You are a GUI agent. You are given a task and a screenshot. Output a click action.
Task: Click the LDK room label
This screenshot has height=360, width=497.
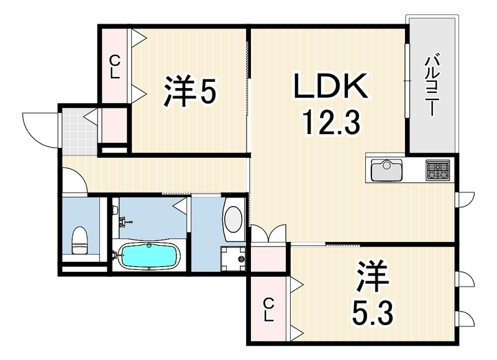[331, 86]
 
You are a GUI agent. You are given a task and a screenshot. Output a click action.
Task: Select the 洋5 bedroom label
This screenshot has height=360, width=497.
[189, 91]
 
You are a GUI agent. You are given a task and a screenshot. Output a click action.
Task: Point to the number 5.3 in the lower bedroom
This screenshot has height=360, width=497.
[372, 313]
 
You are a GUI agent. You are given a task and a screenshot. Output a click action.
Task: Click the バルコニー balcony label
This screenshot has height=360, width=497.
[430, 86]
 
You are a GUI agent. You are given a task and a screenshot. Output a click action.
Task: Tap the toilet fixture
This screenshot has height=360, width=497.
[80, 240]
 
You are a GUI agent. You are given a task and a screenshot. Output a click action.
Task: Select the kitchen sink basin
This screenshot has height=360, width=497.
[387, 169]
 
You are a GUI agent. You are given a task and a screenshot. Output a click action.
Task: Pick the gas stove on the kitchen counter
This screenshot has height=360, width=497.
[438, 169]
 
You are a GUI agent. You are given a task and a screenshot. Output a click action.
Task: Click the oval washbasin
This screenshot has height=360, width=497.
[234, 219]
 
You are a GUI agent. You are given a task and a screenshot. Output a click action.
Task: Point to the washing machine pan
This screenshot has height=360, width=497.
[233, 259]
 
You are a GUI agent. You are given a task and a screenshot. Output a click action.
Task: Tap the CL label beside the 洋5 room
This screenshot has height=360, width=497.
[115, 67]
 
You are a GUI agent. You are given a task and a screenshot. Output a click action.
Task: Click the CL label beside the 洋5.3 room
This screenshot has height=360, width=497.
[269, 311]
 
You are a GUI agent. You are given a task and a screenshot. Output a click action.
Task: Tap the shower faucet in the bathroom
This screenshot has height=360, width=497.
[124, 222]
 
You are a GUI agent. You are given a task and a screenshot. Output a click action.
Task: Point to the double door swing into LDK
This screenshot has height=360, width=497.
[269, 233]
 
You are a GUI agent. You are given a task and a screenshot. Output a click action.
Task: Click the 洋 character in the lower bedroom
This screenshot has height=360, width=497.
[372, 276]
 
